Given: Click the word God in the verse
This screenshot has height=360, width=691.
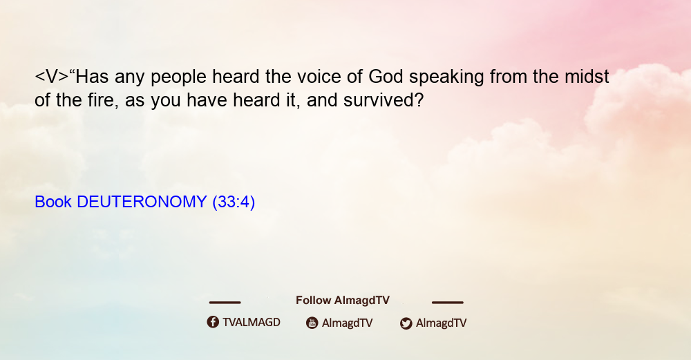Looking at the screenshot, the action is tap(386, 77).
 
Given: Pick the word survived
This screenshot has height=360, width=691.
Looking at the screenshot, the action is tap(384, 100).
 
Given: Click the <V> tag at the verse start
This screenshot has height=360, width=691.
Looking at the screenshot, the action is tap(52, 77).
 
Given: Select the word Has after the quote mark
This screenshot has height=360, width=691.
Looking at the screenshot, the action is tap(92, 77).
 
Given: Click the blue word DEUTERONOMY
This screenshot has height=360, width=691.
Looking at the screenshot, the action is tap(142, 202).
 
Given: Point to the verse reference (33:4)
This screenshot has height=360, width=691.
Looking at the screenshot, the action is tap(234, 202).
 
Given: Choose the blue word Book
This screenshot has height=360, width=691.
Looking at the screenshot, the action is tap(53, 202).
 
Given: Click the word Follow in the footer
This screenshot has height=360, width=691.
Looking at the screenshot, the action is tap(313, 301).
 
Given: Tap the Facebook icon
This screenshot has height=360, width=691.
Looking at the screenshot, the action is tap(213, 322).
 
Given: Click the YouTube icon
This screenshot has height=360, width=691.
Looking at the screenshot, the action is tap(312, 323).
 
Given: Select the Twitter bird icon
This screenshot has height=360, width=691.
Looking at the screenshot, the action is tap(406, 323).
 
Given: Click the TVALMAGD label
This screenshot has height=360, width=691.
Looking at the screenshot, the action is tap(252, 323).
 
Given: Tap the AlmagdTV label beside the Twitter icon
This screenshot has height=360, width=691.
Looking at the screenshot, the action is tap(441, 323).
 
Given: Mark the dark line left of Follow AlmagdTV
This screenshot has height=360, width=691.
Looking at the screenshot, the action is tap(225, 302).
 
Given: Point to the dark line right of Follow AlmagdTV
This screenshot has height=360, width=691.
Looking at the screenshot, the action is tap(448, 302).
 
